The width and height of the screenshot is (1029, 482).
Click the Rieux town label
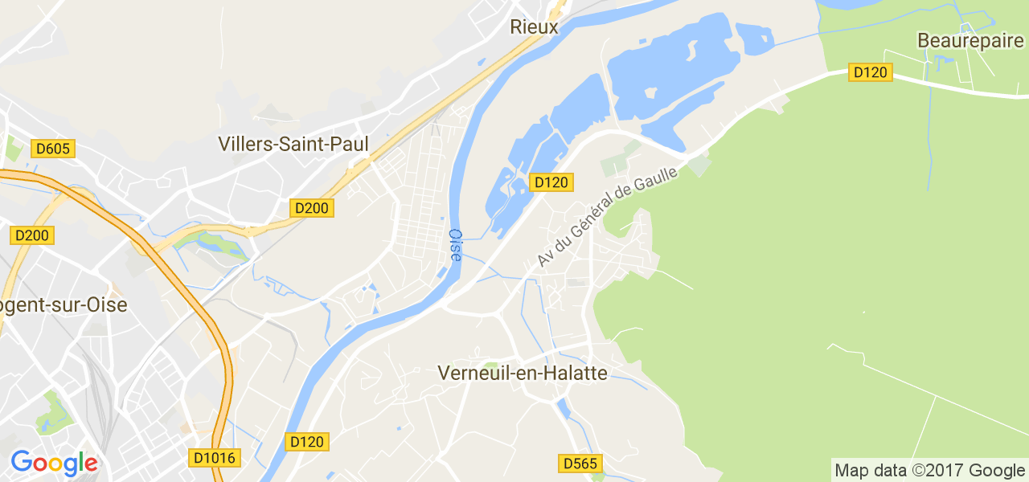[x=534, y=27]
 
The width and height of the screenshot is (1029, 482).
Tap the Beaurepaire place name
[x=970, y=40]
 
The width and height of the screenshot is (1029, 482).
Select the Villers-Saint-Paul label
[x=293, y=144]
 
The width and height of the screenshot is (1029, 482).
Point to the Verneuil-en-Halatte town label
[x=522, y=372]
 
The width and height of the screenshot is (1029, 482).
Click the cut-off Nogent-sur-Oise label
[x=64, y=305]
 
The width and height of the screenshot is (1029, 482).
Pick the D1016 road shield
[x=215, y=458]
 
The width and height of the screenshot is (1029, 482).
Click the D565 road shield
[x=580, y=464]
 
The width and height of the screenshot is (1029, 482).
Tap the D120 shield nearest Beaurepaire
[x=870, y=72]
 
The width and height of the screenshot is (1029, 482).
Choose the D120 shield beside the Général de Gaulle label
[x=551, y=182]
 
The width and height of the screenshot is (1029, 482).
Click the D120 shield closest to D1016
[x=307, y=442]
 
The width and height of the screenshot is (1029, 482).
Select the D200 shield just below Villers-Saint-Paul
[x=311, y=208]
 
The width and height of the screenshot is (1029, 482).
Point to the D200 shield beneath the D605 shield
[x=32, y=235]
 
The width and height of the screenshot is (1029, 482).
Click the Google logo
[x=54, y=463]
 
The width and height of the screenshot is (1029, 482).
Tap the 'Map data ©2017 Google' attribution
[x=929, y=470]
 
